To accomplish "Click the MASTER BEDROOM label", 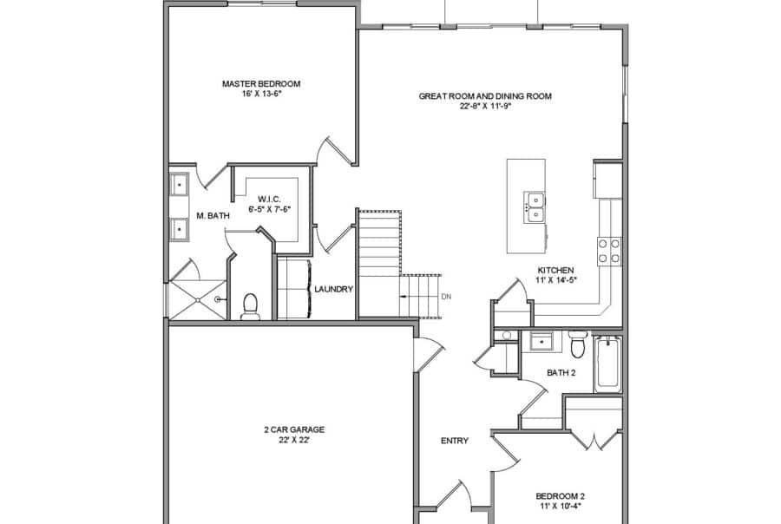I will point(260,84).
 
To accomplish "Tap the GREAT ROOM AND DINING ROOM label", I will point(485,96).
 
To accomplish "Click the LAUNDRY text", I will point(333,290).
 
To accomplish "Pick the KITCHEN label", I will point(555,270).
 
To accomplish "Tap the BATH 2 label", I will point(561,373).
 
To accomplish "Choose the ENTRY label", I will point(455,441).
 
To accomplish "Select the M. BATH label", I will point(212,215).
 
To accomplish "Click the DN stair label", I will point(446,297).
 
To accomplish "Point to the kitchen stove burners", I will point(609,251).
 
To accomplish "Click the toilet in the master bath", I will point(251,305).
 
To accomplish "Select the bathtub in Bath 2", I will point(607,364).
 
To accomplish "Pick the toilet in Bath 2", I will point(579,344).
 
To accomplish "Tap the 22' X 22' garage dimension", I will point(288,441).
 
